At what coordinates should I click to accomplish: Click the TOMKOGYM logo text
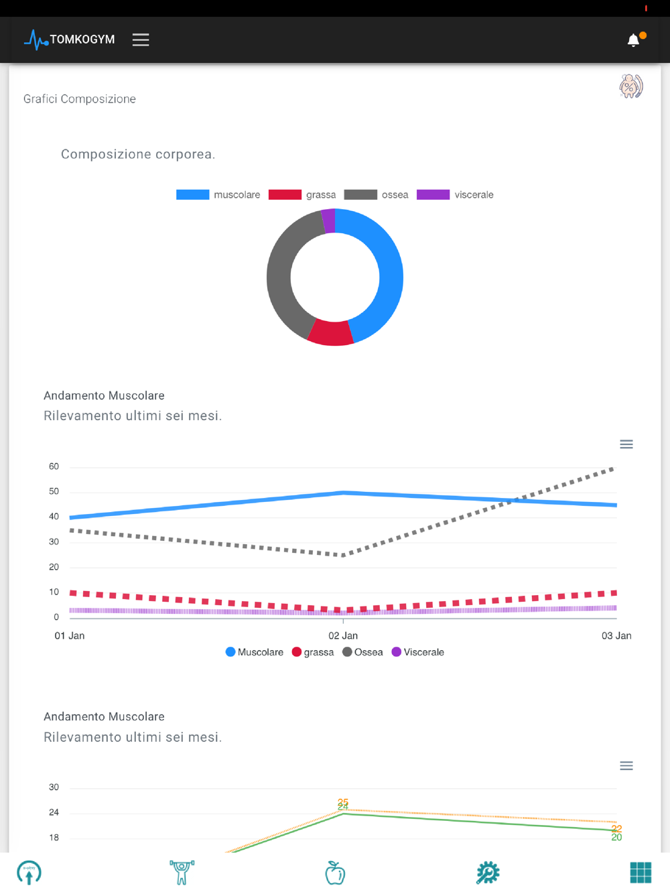pyautogui.click(x=82, y=40)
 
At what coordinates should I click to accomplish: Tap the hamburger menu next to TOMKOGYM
pyautogui.click(x=141, y=40)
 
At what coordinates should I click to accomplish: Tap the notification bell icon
pyautogui.click(x=633, y=40)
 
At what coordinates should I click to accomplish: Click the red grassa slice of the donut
pyautogui.click(x=330, y=333)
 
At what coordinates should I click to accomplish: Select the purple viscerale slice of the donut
pyautogui.click(x=328, y=220)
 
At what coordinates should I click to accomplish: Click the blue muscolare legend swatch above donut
pyautogui.click(x=192, y=195)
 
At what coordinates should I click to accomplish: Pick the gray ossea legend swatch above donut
pyautogui.click(x=360, y=195)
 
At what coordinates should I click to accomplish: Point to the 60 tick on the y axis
pyautogui.click(x=54, y=466)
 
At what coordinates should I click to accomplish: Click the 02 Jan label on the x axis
pyautogui.click(x=343, y=635)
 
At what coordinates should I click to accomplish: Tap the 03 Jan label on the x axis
pyautogui.click(x=616, y=635)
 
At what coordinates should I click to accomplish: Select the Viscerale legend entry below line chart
pyautogui.click(x=418, y=652)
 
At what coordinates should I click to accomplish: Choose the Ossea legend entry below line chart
pyautogui.click(x=362, y=652)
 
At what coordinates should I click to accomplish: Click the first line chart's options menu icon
pyautogui.click(x=626, y=444)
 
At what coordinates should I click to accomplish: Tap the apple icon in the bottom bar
pyautogui.click(x=335, y=873)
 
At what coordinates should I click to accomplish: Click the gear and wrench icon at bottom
pyautogui.click(x=488, y=873)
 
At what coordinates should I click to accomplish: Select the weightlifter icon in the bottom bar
pyautogui.click(x=182, y=873)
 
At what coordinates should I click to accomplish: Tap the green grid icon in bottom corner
pyautogui.click(x=641, y=873)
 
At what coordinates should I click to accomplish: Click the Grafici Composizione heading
pyautogui.click(x=80, y=99)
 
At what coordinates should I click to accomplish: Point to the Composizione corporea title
pyautogui.click(x=138, y=154)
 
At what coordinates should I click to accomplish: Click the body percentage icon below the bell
pyautogui.click(x=630, y=86)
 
